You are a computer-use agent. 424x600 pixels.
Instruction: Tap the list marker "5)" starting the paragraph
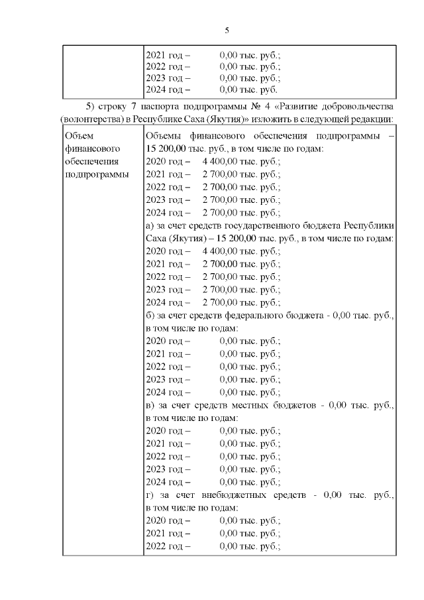click(x=91, y=107)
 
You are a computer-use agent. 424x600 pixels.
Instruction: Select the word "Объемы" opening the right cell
click(x=162, y=136)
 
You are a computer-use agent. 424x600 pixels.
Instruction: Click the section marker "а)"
click(x=150, y=226)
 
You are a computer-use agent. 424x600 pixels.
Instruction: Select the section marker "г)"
click(x=149, y=495)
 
